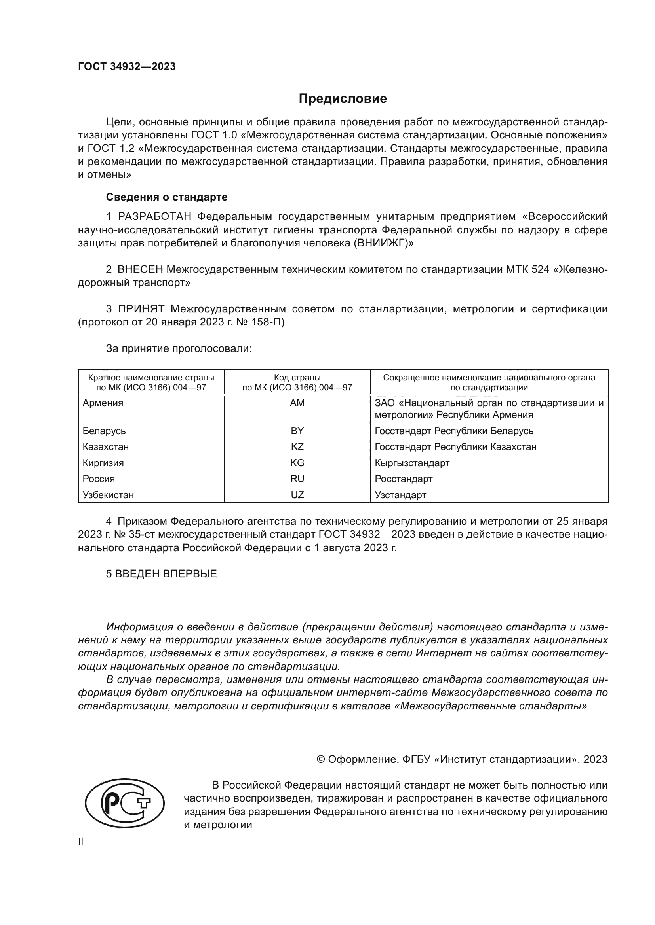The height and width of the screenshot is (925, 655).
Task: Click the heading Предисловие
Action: (343, 99)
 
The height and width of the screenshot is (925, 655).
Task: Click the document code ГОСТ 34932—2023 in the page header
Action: (127, 67)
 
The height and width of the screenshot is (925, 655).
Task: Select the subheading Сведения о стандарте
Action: (167, 197)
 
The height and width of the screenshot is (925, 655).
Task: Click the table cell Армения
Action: (103, 403)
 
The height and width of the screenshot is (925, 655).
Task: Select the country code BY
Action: (297, 431)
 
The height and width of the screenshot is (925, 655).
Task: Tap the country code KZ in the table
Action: (297, 447)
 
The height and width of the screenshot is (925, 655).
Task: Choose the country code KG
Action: (297, 463)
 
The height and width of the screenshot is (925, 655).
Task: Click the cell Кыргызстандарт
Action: (412, 463)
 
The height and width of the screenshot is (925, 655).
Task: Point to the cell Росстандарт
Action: (403, 479)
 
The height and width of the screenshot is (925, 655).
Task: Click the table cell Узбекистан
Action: (108, 495)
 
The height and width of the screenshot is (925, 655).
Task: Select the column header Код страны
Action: (297, 378)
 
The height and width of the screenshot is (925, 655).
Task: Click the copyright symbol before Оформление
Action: (321, 759)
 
